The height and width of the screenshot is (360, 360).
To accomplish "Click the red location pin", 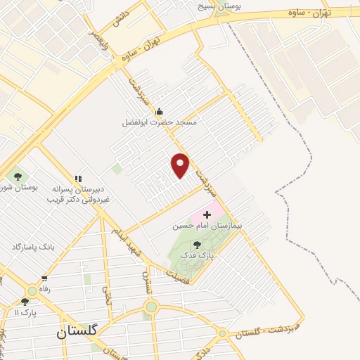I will point(181,165).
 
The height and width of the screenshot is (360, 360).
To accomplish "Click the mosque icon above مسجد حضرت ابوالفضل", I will point(160,111).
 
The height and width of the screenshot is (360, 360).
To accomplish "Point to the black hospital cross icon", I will point(207,214).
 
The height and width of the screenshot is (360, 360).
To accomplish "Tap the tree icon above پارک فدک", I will point(197,245).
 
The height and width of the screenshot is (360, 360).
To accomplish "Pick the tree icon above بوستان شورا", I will point(18,176).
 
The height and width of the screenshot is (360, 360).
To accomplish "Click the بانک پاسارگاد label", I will point(33,247).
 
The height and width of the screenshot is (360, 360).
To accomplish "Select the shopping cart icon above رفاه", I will point(45,279).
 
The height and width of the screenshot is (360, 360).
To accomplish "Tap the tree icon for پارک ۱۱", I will point(25,302).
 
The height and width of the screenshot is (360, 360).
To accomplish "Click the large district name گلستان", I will point(79,330).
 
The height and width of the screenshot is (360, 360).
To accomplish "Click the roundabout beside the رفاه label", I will point(32,291).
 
